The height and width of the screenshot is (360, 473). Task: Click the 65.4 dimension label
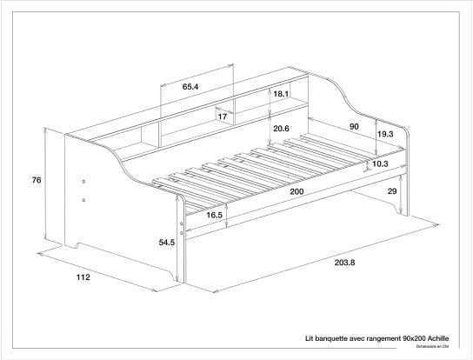[191, 87]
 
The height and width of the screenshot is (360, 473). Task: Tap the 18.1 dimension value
[281, 93]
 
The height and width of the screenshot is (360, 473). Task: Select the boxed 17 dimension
[223, 116]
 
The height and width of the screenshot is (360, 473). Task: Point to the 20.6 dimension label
[281, 129]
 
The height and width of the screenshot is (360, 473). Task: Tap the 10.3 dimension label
[380, 163]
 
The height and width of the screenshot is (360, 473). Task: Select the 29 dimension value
[392, 190]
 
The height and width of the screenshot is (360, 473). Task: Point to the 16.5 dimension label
[214, 215]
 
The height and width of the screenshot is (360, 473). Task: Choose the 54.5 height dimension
[168, 243]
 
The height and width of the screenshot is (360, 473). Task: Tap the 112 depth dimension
[83, 277]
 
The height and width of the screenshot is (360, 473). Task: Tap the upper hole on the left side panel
[83, 182]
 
